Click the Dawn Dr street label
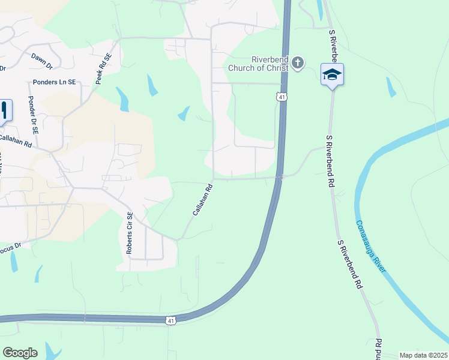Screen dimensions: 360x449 pyautogui.click(x=41, y=59)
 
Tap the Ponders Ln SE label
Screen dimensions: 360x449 pyautogui.click(x=53, y=82)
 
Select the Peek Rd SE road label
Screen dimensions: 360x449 pyautogui.click(x=103, y=68)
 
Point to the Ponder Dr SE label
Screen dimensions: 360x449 pyautogui.click(x=34, y=114)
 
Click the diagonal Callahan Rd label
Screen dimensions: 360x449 pyautogui.click(x=203, y=200)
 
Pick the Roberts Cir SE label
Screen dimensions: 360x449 pyautogui.click(x=129, y=233)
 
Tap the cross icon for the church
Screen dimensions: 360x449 pyautogui.click(x=298, y=63)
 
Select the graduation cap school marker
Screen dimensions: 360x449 pyautogui.click(x=332, y=75)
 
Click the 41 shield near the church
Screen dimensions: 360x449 pyautogui.click(x=281, y=96)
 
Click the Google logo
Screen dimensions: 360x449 pyautogui.click(x=20, y=352)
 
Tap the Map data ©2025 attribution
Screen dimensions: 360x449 pyautogui.click(x=423, y=355)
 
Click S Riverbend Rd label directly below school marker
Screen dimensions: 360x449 pyautogui.click(x=330, y=162)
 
